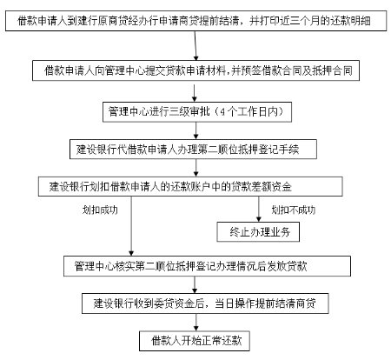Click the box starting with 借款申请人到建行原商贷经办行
pyautogui.click(x=196, y=21)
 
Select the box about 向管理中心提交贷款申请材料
pyautogui.click(x=195, y=70)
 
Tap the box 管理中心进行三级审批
pyautogui.click(x=197, y=112)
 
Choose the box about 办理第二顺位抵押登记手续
pyautogui.click(x=193, y=150)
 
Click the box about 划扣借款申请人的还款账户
pyautogui.click(x=190, y=186)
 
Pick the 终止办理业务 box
pyautogui.click(x=258, y=232)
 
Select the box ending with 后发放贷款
pyautogui.click(x=207, y=266)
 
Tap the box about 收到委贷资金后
pyautogui.click(x=205, y=303)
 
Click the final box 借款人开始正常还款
pyautogui.click(x=195, y=341)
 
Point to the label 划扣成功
pyautogui.click(x=100, y=210)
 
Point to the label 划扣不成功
pyautogui.click(x=293, y=210)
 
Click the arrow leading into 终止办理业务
pyautogui.click(x=259, y=209)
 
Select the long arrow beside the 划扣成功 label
pyautogui.click(x=131, y=226)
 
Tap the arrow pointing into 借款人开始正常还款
pyautogui.click(x=196, y=323)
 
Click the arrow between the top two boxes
pyautogui.click(x=195, y=45)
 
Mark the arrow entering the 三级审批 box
pyautogui.click(x=195, y=93)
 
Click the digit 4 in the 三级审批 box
pyautogui.click(x=222, y=112)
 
